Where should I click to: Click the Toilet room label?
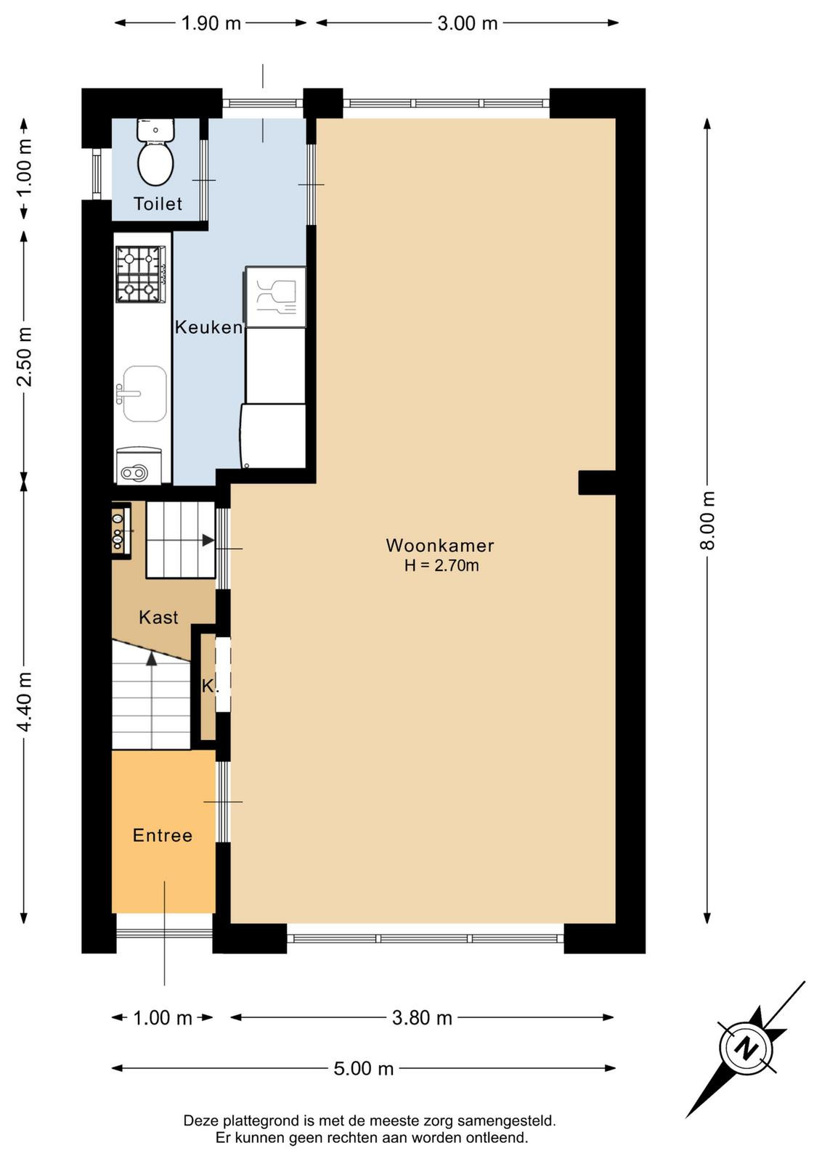[158, 204]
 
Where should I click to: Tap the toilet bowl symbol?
[155, 152]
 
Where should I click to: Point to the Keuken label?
[208, 327]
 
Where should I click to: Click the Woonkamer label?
[440, 545]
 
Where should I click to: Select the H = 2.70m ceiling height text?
[441, 565]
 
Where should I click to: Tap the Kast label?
[159, 618]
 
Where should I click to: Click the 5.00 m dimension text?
[364, 1069]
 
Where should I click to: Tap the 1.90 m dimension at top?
[211, 23]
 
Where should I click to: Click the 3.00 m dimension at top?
[467, 23]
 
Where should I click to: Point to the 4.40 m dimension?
[25, 700]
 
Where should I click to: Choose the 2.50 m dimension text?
[25, 356]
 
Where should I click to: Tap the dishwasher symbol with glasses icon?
[275, 297]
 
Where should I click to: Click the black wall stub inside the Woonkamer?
[597, 483]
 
